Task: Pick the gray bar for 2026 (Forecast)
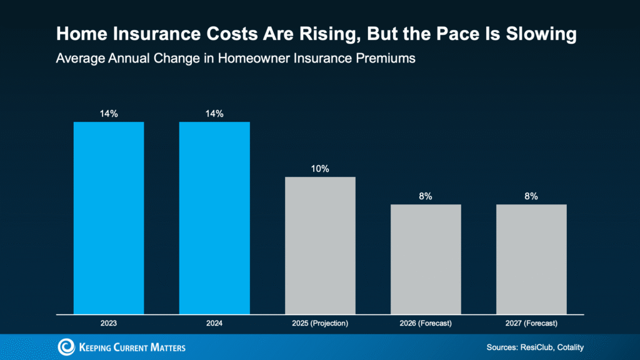coord(426,259)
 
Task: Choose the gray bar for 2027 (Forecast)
coord(531,259)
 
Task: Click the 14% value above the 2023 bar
coord(109,113)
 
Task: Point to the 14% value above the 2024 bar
coord(214,113)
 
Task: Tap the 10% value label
coord(320,169)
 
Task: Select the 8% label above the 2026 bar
coord(426,196)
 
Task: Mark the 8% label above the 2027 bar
coord(531,196)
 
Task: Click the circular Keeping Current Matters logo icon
coord(66,347)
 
